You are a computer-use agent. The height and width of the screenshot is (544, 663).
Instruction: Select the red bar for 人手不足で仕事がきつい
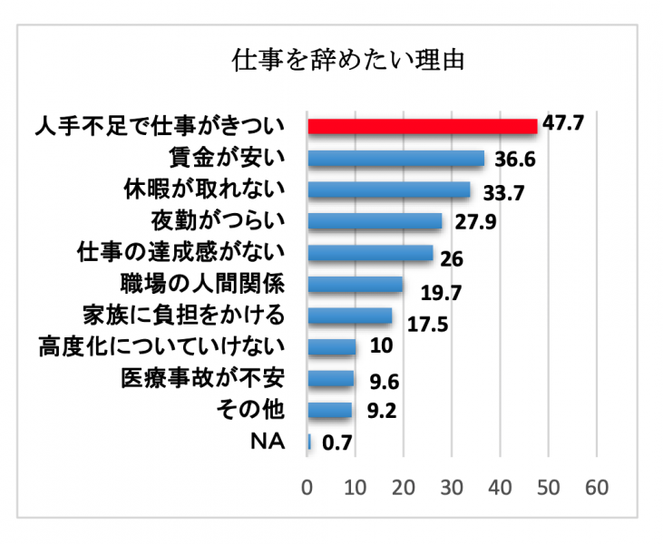[423, 126]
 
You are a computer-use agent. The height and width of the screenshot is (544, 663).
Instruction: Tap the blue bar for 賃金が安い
[396, 159]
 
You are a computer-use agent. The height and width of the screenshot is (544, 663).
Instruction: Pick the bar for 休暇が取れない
[389, 189]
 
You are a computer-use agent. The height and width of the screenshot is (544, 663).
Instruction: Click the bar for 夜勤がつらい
[375, 221]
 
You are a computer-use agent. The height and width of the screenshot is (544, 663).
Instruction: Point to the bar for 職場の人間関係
[356, 285]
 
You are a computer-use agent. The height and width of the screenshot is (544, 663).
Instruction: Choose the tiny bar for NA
[310, 442]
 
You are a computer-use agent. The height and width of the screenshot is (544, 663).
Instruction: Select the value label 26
[451, 258]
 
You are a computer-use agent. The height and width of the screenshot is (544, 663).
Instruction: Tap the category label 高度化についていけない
[162, 347]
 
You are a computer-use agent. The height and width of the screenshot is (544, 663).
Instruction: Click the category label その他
[251, 411]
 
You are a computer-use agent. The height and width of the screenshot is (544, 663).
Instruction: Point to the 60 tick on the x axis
[596, 487]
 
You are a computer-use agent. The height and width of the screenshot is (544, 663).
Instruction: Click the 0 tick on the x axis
[308, 487]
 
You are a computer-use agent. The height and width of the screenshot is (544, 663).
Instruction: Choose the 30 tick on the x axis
[453, 487]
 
